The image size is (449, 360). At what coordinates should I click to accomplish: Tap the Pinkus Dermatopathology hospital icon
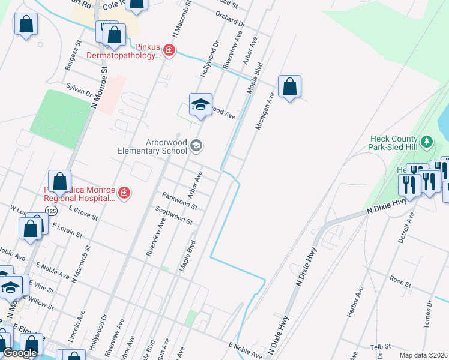click(170, 50)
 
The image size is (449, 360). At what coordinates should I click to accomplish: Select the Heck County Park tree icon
click(427, 142)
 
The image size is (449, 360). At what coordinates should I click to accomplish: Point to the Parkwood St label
click(179, 200)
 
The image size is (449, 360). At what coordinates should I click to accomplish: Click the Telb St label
click(381, 346)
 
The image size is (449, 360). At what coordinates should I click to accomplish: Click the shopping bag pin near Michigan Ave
click(289, 87)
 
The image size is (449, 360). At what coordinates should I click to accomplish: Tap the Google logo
click(20, 353)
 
